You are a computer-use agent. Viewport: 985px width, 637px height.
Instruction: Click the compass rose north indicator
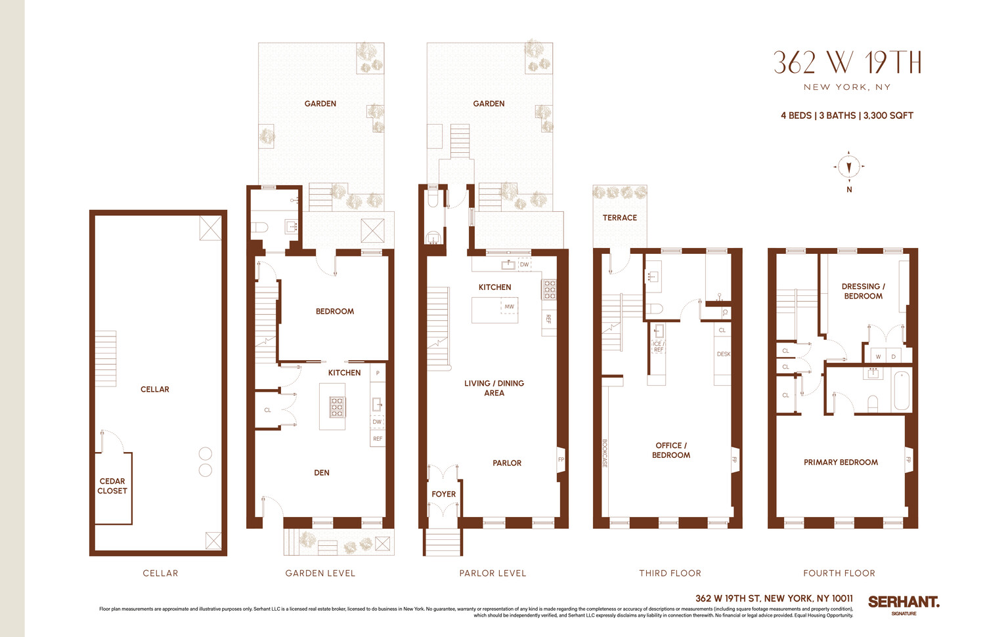849,167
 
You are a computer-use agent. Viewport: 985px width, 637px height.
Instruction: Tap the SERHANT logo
903,602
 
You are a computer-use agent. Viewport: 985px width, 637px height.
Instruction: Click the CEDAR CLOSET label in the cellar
112,486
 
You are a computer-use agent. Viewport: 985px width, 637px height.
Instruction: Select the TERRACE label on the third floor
619,218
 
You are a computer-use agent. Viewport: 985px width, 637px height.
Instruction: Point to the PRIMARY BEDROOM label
841,462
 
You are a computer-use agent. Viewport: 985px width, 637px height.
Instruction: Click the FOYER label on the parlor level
443,494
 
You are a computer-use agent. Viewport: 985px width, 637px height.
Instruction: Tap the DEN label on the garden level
321,472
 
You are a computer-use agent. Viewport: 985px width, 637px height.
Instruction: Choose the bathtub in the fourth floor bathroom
902,391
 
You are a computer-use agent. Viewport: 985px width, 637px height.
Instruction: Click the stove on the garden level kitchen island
336,407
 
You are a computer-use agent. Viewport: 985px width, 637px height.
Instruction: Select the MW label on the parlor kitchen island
509,306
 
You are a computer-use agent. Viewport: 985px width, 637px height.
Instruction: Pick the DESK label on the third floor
723,354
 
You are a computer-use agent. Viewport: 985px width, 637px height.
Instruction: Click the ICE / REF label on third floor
658,347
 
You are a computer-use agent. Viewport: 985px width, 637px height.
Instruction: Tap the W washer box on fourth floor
878,357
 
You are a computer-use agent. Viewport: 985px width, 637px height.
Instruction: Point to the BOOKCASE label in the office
605,453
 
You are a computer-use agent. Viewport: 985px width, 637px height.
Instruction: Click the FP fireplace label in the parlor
561,459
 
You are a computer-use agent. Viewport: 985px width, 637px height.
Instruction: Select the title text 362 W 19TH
847,63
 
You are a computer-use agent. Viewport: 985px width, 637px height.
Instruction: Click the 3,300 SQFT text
888,115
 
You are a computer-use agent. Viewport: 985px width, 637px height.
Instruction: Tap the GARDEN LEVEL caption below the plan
320,573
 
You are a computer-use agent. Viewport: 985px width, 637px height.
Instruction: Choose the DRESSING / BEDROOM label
863,291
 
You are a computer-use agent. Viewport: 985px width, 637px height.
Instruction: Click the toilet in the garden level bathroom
260,228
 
